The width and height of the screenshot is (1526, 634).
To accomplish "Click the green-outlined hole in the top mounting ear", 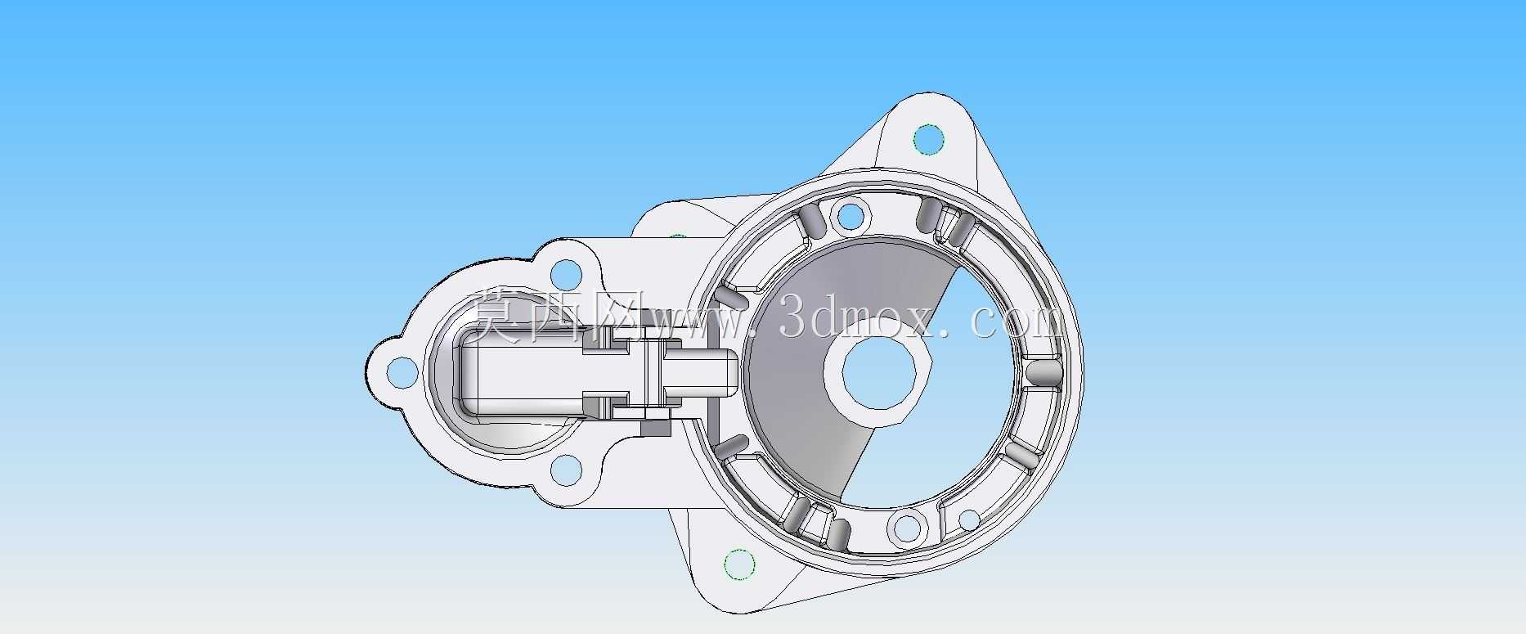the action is pos(927,139).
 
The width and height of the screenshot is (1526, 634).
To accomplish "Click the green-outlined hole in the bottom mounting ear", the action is pos(739,564).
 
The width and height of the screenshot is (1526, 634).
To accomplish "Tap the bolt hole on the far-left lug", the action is pos(399,372).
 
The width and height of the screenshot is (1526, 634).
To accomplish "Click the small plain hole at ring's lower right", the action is pos(968,519).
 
